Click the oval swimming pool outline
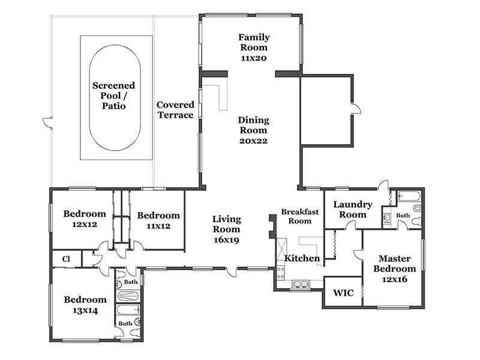pyautogui.click(x=89, y=98)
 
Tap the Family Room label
pyautogui.click(x=254, y=42)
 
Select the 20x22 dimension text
pyautogui.click(x=253, y=141)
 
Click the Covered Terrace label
pyautogui.click(x=175, y=110)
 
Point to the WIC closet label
pyautogui.click(x=343, y=293)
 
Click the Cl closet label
pyautogui.click(x=66, y=259)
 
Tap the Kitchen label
pyautogui.click(x=302, y=259)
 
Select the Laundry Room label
pyautogui.click(x=353, y=209)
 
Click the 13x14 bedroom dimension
pyautogui.click(x=85, y=311)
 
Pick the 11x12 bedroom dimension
pyautogui.click(x=158, y=226)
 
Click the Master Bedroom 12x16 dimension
pyautogui.click(x=395, y=279)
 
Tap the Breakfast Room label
pyautogui.click(x=299, y=216)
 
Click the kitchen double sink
pyautogui.click(x=301, y=284)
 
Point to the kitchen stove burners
pyautogui.click(x=281, y=272)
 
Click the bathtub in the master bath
pyautogui.click(x=409, y=196)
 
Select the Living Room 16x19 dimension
pyautogui.click(x=226, y=240)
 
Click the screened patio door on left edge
pyautogui.click(x=48, y=122)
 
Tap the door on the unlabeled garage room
pyautogui.click(x=356, y=109)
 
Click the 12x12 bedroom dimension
pyautogui.click(x=85, y=224)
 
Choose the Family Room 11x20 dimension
pyautogui.click(x=254, y=58)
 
